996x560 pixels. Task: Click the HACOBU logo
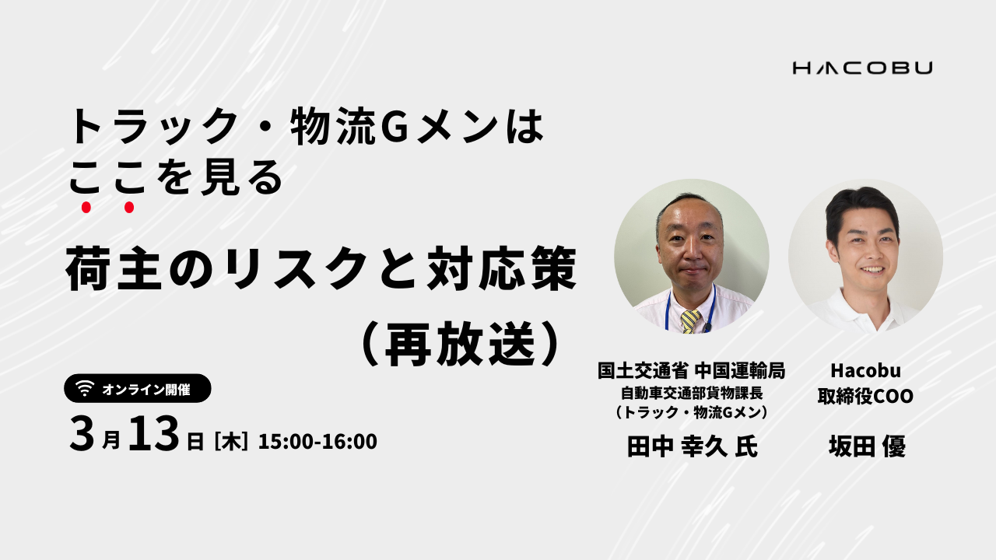(x=863, y=68)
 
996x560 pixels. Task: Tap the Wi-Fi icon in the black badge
(x=85, y=388)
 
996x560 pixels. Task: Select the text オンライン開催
(x=146, y=390)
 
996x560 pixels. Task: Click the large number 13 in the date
(x=154, y=433)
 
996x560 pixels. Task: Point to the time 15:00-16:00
(x=317, y=441)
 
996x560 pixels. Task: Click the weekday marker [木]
(x=231, y=442)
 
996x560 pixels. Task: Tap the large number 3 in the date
(x=82, y=434)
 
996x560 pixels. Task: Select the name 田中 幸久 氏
(x=692, y=446)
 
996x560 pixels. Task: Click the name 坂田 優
(x=867, y=446)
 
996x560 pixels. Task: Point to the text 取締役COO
(x=865, y=396)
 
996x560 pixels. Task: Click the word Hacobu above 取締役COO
(x=865, y=371)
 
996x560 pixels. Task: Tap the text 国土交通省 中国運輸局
(x=692, y=371)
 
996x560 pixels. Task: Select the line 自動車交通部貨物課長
(x=692, y=393)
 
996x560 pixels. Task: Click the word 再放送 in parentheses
(x=460, y=343)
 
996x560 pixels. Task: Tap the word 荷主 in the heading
(x=114, y=269)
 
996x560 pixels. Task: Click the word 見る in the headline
(x=242, y=177)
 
